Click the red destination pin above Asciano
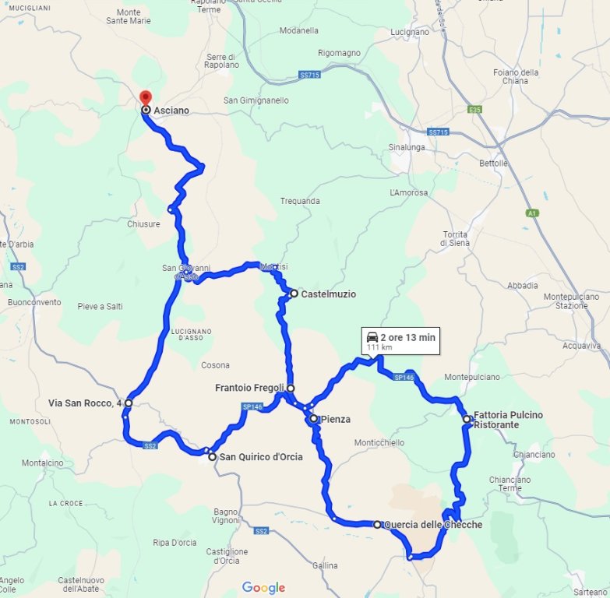click(145, 98)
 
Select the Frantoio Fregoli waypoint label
click(249, 388)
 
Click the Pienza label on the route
click(335, 419)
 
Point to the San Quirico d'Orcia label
click(260, 457)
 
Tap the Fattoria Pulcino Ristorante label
click(508, 420)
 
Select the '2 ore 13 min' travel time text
click(407, 338)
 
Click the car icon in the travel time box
click(372, 338)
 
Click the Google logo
click(263, 588)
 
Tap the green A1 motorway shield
click(533, 212)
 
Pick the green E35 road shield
click(475, 110)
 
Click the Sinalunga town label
click(407, 146)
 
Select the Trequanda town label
click(300, 201)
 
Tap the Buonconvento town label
click(33, 302)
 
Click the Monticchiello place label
click(379, 442)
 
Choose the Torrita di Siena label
click(453, 239)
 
